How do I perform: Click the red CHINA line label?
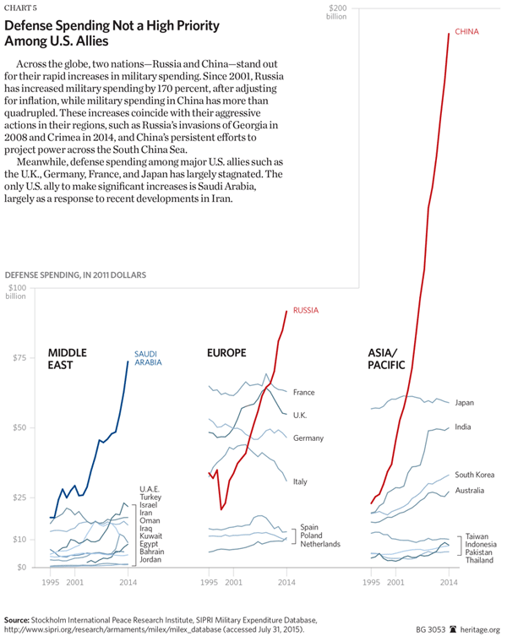pyautogui.click(x=467, y=32)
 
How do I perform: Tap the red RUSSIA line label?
pyautogui.click(x=305, y=311)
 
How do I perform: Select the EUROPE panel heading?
pyautogui.click(x=226, y=352)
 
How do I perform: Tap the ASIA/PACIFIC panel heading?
pyautogui.click(x=387, y=358)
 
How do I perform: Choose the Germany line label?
pyautogui.click(x=309, y=438)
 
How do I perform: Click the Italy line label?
pyautogui.click(x=300, y=481)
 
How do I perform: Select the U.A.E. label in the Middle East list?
pyautogui.click(x=150, y=489)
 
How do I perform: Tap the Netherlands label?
pyautogui.click(x=320, y=544)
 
